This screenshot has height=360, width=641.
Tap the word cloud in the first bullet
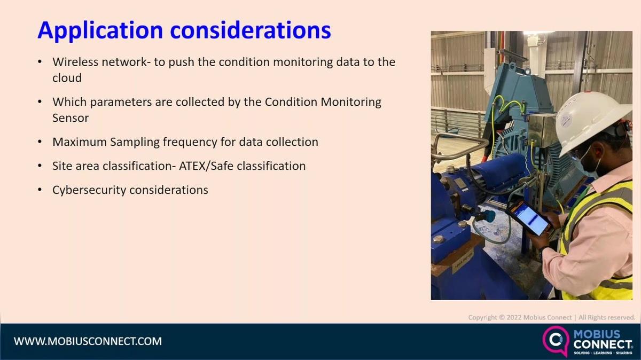tap(67, 78)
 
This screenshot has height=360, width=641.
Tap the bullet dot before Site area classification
tap(40, 166)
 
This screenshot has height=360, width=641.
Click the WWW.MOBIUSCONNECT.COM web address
tap(88, 341)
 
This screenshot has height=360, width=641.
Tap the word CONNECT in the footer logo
tap(603, 345)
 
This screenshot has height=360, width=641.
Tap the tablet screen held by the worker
tap(529, 218)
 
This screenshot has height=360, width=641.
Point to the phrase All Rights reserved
tap(606, 318)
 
